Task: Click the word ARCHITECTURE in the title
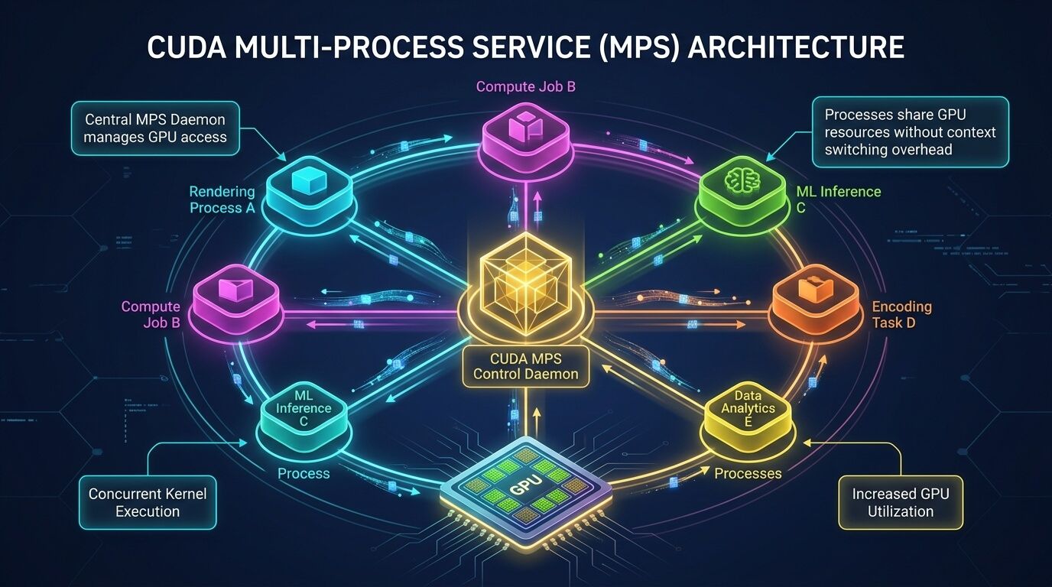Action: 796,47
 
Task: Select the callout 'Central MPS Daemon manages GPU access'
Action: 155,128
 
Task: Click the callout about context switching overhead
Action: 910,131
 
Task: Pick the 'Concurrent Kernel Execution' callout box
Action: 148,502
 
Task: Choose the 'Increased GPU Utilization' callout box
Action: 900,502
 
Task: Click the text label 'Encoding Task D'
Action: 901,314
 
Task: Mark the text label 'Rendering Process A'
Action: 222,199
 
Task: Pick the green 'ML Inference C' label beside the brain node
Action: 838,199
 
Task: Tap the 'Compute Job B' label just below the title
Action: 525,86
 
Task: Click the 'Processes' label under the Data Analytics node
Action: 747,473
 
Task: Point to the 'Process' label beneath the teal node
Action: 304,473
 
